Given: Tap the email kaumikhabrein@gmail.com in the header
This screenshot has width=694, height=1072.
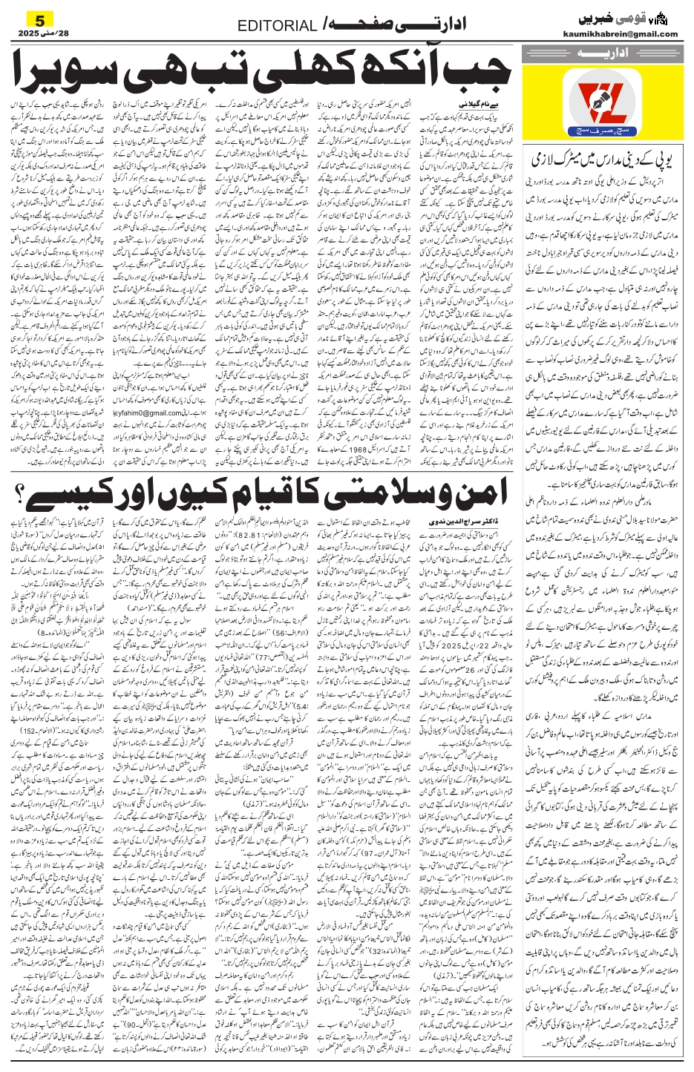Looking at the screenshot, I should [629, 33].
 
